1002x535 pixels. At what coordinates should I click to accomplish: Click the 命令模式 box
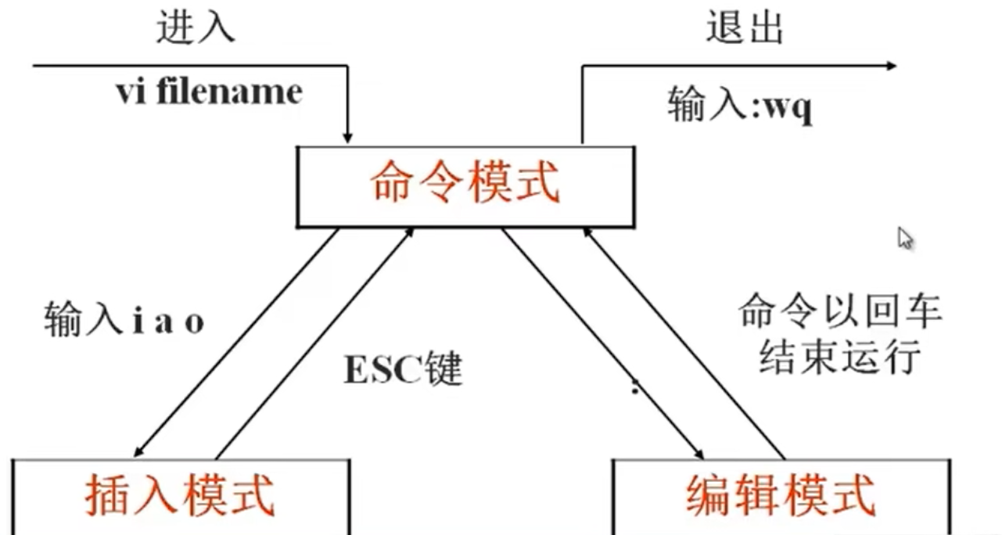click(465, 185)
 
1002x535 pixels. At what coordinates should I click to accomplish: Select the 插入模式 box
click(180, 495)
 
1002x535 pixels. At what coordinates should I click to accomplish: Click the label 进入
click(196, 28)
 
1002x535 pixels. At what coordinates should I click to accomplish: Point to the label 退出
click(744, 28)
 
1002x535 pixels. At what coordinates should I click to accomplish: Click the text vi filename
click(209, 92)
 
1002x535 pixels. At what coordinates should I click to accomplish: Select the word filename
click(229, 92)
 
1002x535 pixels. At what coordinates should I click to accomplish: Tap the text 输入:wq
click(740, 106)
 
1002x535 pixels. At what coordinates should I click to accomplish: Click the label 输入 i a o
click(124, 321)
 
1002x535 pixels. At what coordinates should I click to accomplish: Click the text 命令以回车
click(839, 313)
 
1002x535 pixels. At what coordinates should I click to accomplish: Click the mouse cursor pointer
click(904, 237)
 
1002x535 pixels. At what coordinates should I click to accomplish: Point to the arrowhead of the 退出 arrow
click(890, 66)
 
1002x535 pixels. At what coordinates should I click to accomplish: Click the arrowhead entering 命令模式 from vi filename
click(348, 138)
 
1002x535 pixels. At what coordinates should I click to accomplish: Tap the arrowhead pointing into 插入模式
click(138, 451)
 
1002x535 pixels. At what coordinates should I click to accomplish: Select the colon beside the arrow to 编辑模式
click(636, 386)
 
